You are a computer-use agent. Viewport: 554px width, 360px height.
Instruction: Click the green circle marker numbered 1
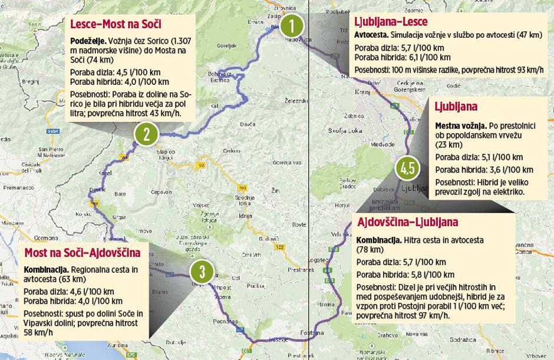[x=291, y=27]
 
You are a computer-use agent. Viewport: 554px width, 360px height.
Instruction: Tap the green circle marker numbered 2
[x=146, y=134]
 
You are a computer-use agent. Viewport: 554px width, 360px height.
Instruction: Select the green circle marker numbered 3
[x=202, y=272]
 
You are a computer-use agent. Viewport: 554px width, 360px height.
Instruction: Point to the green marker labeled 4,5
[x=408, y=169]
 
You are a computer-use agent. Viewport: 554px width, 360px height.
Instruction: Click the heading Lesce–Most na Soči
[x=116, y=24]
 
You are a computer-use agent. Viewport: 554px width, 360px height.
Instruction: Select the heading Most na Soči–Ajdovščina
[x=82, y=253]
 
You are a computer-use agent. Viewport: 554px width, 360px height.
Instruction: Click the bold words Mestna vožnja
[x=460, y=125]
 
